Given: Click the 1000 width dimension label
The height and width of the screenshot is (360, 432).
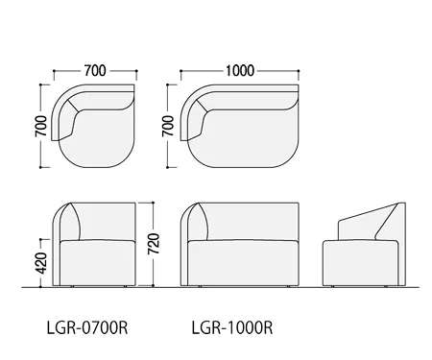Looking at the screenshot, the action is coord(240,71).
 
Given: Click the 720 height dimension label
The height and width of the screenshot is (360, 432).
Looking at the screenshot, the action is coord(154,244).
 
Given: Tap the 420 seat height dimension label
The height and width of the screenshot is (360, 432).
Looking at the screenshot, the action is coord(41,263).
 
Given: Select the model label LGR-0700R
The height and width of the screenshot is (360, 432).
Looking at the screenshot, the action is coord(87,327).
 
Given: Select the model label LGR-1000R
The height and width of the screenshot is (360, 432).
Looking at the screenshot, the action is coord(232,327).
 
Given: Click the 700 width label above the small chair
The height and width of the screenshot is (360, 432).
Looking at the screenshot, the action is coord(95,71).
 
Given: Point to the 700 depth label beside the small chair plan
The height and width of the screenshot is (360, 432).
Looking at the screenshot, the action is coord(41,126).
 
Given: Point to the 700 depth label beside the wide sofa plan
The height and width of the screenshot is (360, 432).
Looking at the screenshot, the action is coord(168,126).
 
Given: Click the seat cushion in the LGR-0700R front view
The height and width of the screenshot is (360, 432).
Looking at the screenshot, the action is coord(97,262).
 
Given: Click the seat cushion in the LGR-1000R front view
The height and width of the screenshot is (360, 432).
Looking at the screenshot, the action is coord(242,262).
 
